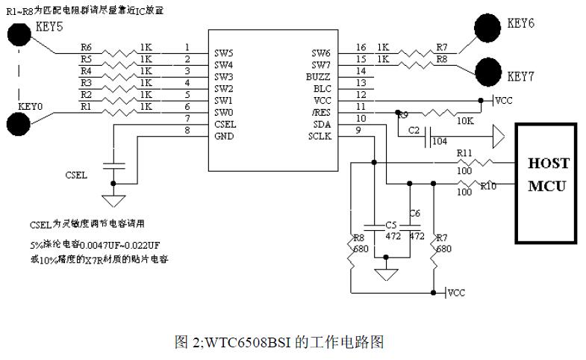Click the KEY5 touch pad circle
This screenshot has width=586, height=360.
[x=18, y=34]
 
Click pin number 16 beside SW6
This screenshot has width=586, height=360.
[x=361, y=48]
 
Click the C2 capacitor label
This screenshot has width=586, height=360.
[x=414, y=131]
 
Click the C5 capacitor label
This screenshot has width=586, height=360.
[x=391, y=225]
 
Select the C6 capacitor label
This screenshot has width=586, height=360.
[x=415, y=214]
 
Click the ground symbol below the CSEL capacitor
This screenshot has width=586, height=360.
[x=113, y=199]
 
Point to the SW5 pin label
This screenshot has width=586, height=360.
[x=224, y=53]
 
